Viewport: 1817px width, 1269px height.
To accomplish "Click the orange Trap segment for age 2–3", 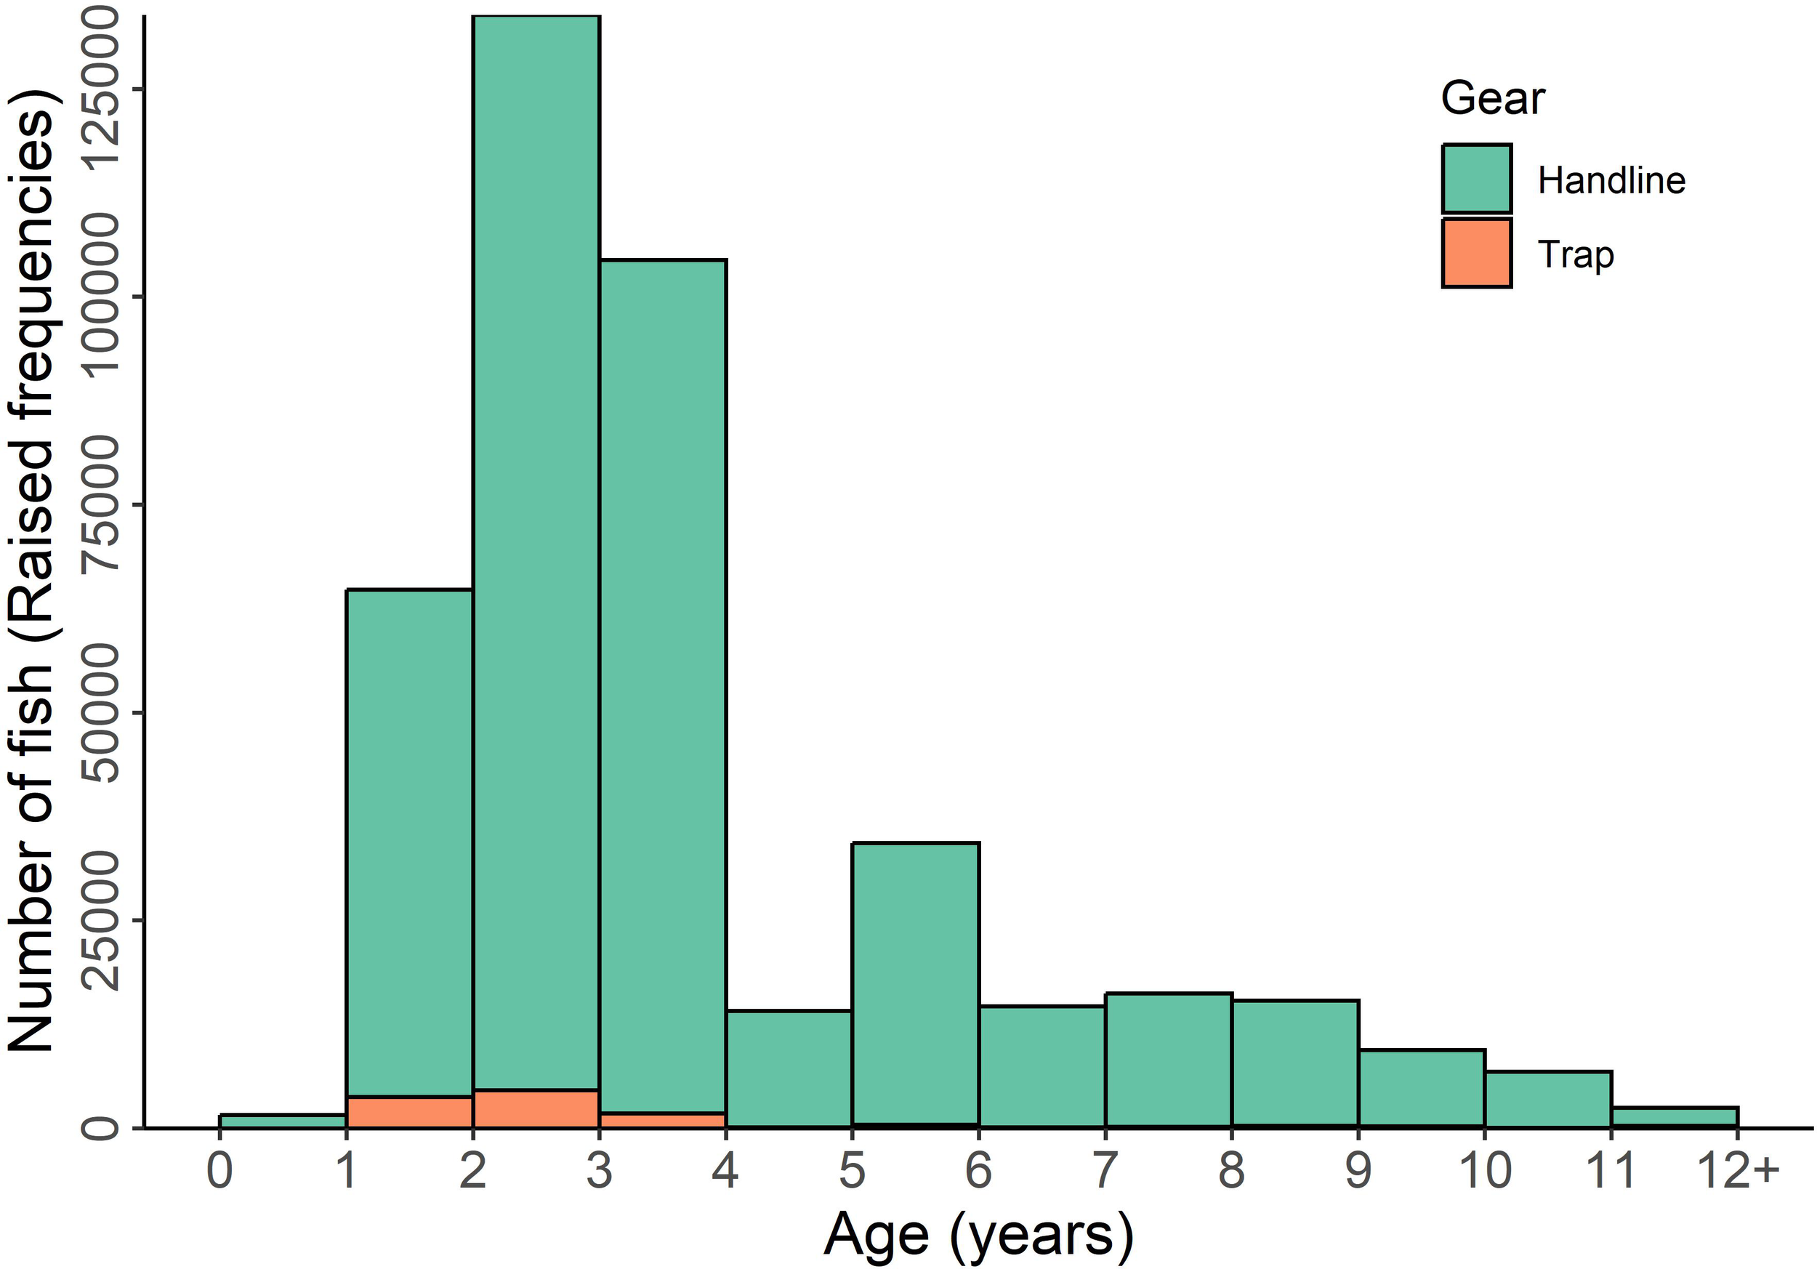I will click(536, 1108).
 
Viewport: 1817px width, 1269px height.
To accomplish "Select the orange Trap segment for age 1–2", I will click(409, 1111).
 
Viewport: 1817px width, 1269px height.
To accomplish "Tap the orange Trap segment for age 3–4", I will click(662, 1119).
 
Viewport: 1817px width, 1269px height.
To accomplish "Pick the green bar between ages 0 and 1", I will click(283, 1121).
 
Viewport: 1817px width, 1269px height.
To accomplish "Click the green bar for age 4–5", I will click(789, 1068).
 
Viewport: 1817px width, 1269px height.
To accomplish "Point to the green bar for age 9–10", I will click(1422, 1088).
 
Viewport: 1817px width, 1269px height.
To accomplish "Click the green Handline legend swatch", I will click(1476, 179).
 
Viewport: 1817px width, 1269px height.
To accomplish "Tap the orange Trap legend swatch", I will click(1476, 253).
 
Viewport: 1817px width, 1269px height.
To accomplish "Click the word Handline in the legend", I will click(1611, 180).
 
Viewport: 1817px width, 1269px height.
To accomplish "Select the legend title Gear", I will click(1491, 99).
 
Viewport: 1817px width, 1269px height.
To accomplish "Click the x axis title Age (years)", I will click(978, 1234).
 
